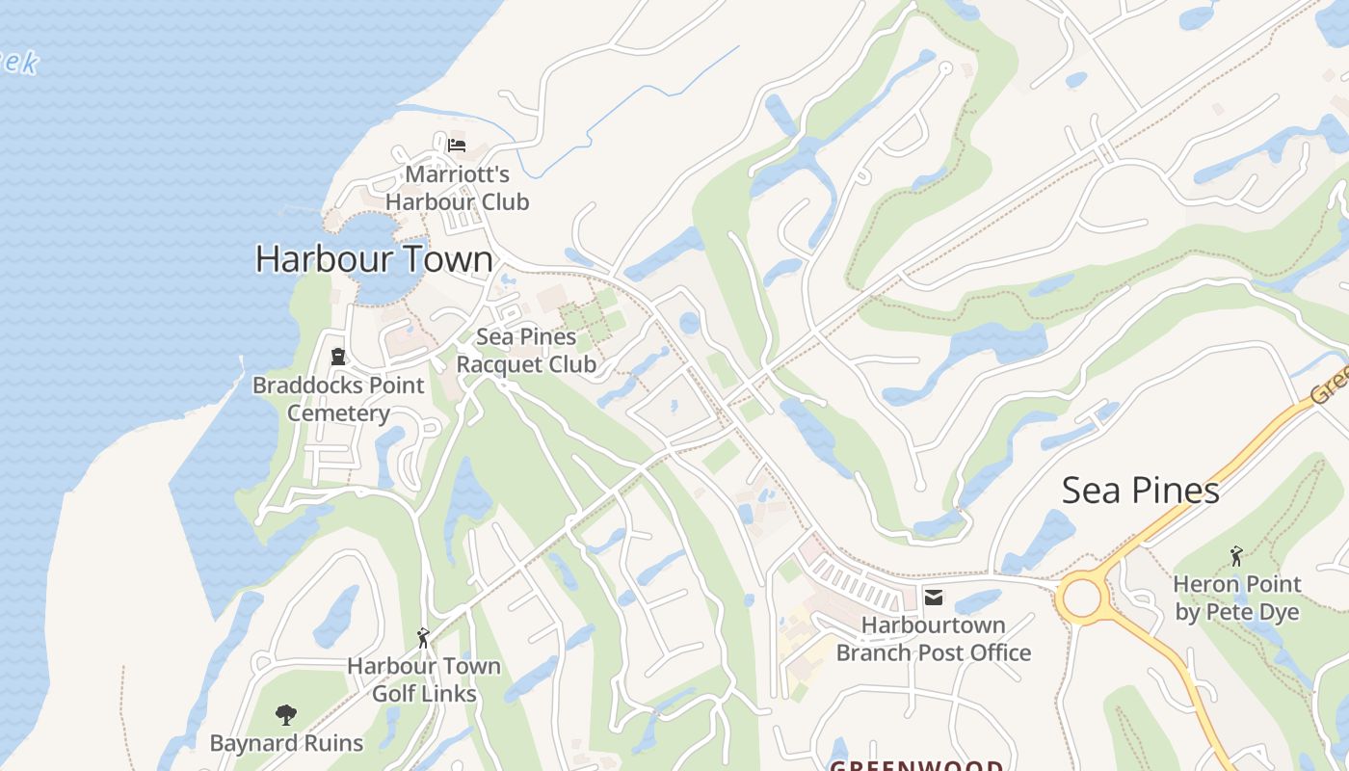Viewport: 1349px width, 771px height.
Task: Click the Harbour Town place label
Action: click(374, 259)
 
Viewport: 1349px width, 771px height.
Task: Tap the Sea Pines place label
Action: click(1140, 491)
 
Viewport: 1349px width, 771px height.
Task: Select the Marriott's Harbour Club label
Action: click(457, 188)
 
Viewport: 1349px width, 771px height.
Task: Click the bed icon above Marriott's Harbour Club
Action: click(457, 146)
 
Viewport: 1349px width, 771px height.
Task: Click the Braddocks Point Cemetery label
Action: click(338, 399)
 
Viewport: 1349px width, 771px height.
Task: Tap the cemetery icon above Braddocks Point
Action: click(338, 357)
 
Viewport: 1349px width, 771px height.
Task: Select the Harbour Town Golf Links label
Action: click(424, 679)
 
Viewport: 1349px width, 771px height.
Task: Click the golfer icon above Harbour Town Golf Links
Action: click(423, 637)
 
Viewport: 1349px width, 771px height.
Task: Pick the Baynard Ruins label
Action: click(286, 743)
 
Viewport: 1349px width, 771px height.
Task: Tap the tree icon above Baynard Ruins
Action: click(285, 715)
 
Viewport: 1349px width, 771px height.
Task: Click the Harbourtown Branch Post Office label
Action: click(933, 639)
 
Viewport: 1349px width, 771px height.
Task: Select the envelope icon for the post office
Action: click(933, 598)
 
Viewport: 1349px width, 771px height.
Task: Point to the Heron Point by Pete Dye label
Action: click(1236, 598)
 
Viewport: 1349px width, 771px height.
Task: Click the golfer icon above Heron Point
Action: click(1236, 556)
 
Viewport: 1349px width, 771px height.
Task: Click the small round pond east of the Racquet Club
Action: click(690, 323)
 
